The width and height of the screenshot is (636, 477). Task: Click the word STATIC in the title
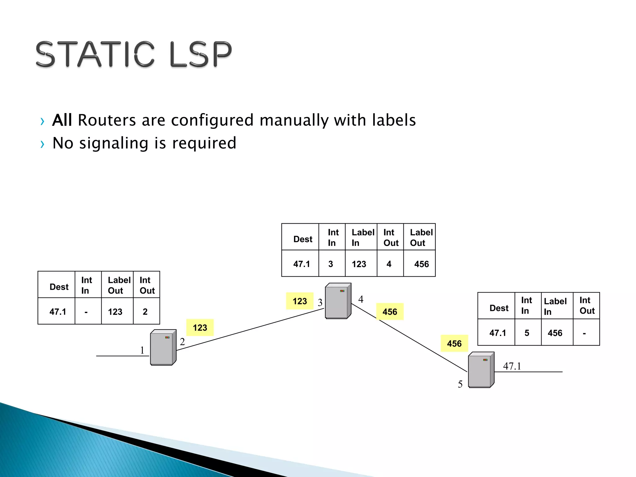pyautogui.click(x=95, y=54)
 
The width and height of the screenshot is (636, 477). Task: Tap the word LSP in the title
pyautogui.click(x=201, y=54)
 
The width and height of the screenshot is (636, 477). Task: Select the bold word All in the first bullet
pyautogui.click(x=62, y=120)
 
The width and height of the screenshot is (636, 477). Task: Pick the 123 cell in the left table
pyautogui.click(x=115, y=311)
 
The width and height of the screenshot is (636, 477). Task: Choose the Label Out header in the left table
pyautogui.click(x=119, y=285)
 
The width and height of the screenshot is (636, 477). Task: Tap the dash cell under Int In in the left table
pyautogui.click(x=86, y=311)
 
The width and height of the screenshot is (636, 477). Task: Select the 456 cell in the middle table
pyautogui.click(x=421, y=264)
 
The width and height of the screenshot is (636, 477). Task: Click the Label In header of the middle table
pyautogui.click(x=362, y=237)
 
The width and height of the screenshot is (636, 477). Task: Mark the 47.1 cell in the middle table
pyautogui.click(x=302, y=264)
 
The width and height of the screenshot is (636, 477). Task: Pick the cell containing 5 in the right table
pyautogui.click(x=527, y=333)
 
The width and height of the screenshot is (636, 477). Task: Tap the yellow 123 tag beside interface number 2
pyautogui.click(x=200, y=328)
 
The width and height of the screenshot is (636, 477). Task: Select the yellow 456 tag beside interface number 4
pyautogui.click(x=390, y=312)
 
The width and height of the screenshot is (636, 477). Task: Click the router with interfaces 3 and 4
pyautogui.click(x=338, y=301)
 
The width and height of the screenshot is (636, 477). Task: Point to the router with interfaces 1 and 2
pyautogui.click(x=163, y=347)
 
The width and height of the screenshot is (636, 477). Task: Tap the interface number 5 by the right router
pyautogui.click(x=460, y=384)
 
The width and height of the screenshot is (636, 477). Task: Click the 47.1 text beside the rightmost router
pyautogui.click(x=512, y=366)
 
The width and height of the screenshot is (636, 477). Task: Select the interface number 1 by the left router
pyautogui.click(x=142, y=350)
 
